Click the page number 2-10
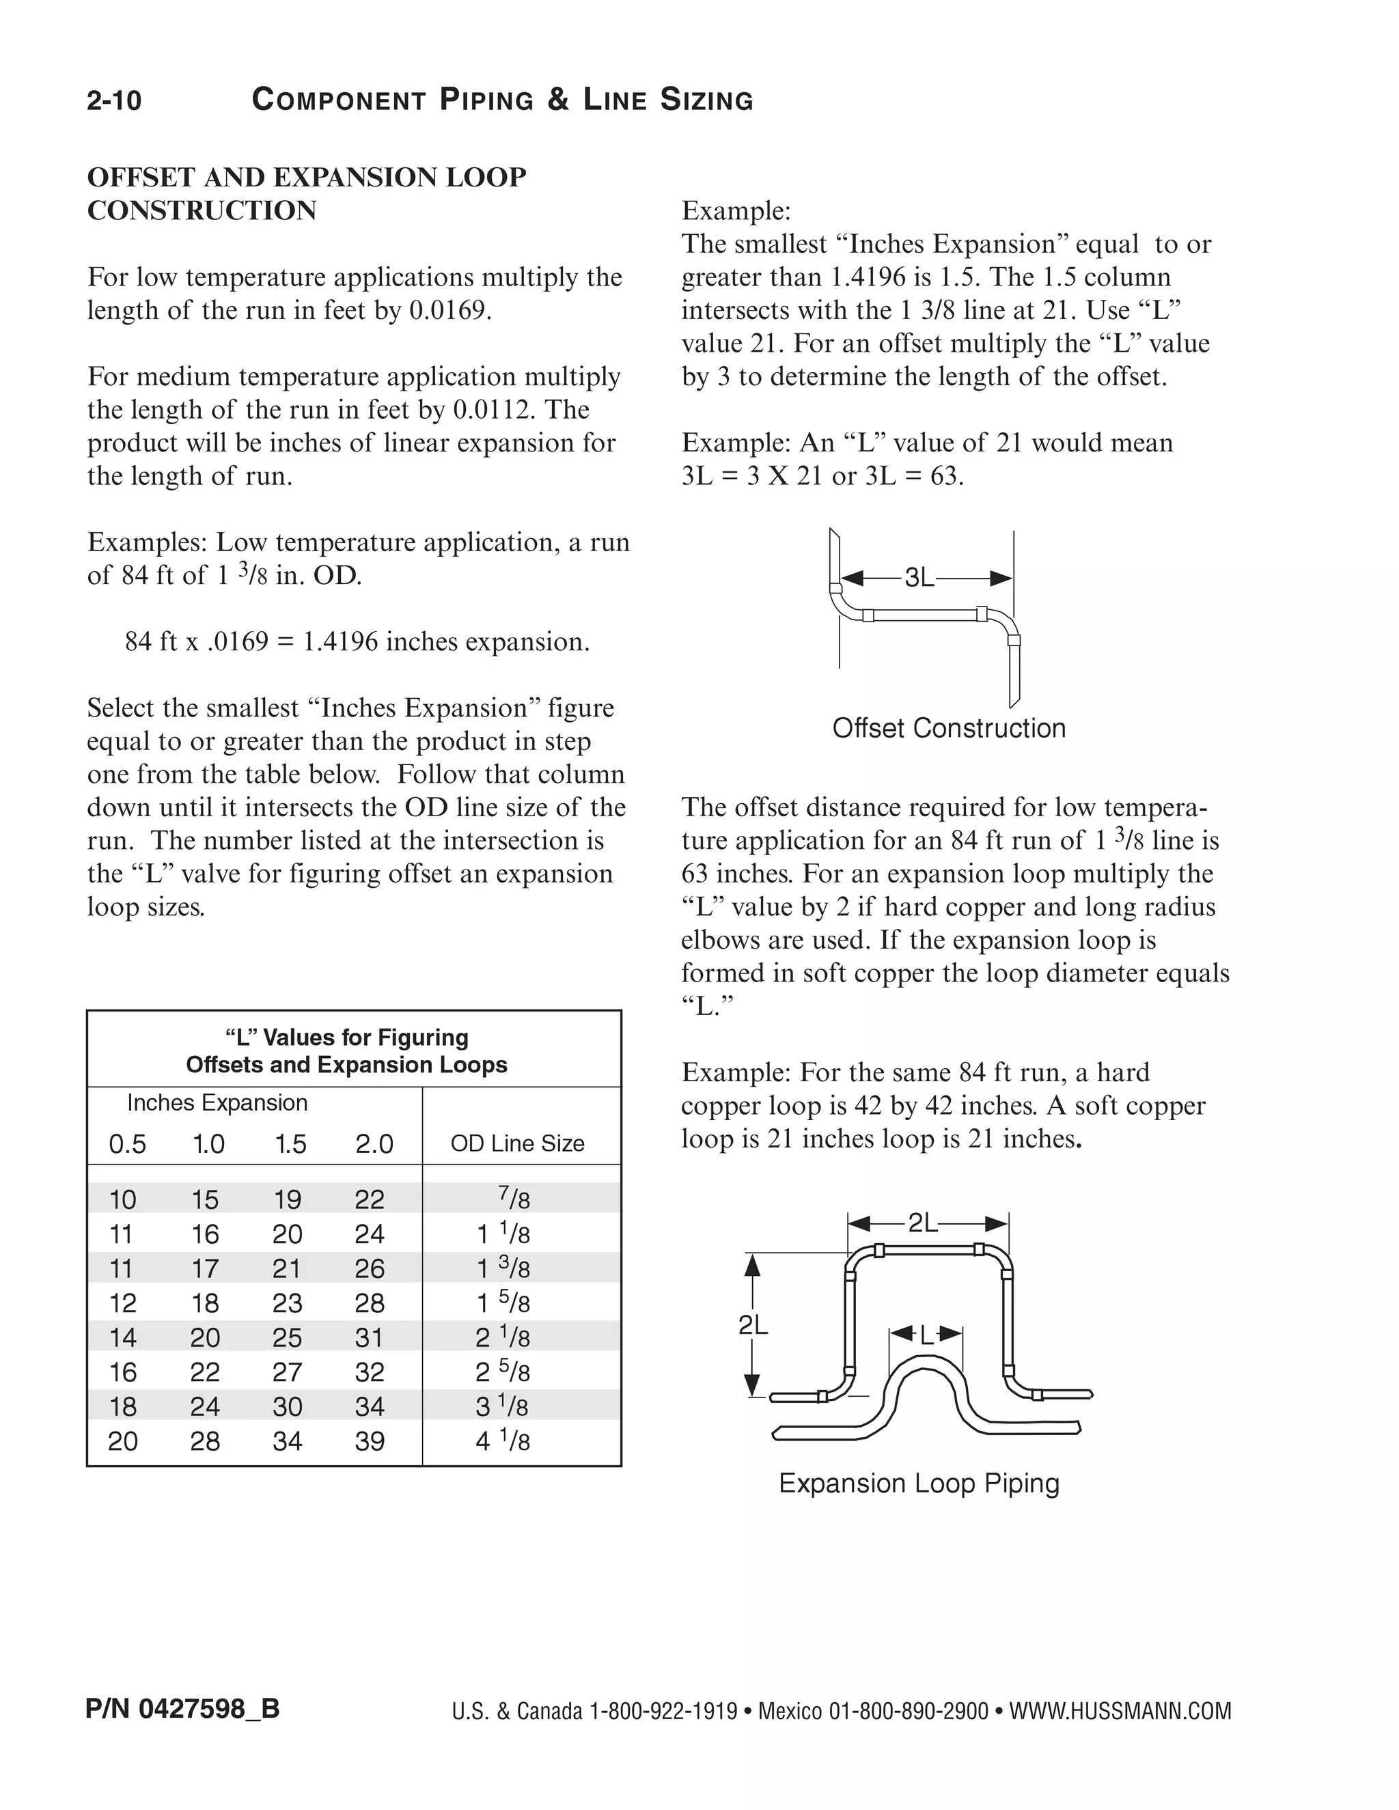point(114,101)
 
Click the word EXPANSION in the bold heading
point(357,178)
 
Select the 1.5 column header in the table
point(290,1145)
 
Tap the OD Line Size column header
point(517,1143)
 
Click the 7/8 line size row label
point(514,1199)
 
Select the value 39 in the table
point(370,1441)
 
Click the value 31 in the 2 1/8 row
point(370,1337)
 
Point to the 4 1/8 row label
point(502,1441)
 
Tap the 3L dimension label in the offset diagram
point(919,578)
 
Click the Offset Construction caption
point(949,729)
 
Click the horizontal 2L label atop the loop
point(924,1223)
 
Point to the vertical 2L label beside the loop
point(753,1326)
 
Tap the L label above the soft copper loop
point(926,1335)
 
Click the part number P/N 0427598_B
point(182,1708)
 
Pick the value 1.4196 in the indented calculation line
point(340,642)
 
